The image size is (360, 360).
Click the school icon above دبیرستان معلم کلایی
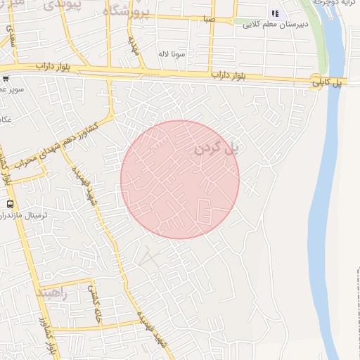click(x=276, y=14)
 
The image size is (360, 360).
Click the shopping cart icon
click(x=6, y=79)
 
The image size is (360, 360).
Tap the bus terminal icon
click(x=9, y=203)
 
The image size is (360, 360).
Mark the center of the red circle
click(x=180, y=179)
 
